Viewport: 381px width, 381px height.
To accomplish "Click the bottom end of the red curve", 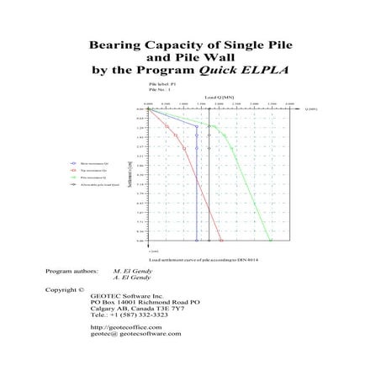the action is pos(221,241).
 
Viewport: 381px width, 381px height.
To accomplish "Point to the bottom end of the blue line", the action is pos(196,241).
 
